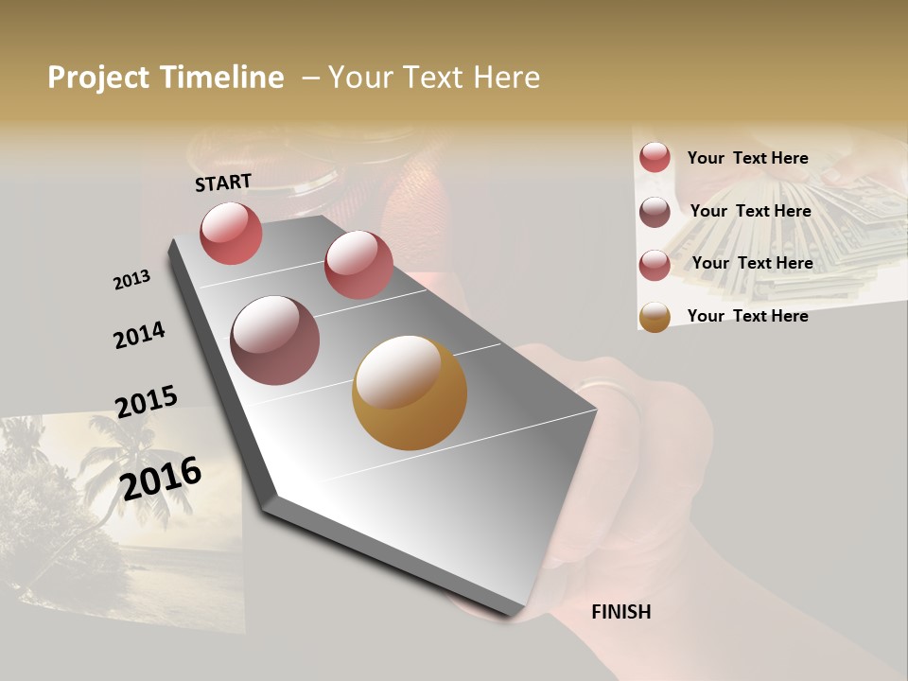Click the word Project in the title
[x=98, y=78]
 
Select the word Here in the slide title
[x=506, y=78]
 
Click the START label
[x=223, y=183]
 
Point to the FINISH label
[x=621, y=612]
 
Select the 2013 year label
[x=131, y=280]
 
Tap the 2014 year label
[x=139, y=336]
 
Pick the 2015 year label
[x=147, y=402]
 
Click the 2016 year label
[x=161, y=479]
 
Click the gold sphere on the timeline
[x=410, y=393]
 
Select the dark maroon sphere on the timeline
[x=275, y=340]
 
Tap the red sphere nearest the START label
[x=231, y=233]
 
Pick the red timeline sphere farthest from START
[x=358, y=265]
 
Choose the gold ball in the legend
[x=655, y=317]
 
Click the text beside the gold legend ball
[x=747, y=316]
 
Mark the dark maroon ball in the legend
[x=655, y=212]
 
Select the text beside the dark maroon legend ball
[x=750, y=211]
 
